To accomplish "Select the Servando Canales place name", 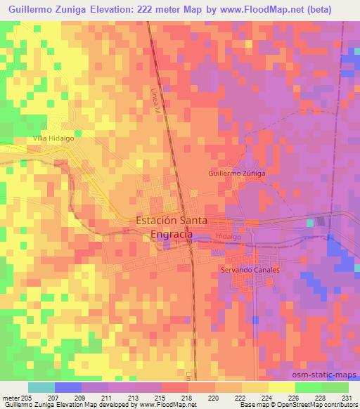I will (x=250, y=270).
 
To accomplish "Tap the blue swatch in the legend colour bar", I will (x=67, y=387).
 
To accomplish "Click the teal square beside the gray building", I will (x=310, y=223).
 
